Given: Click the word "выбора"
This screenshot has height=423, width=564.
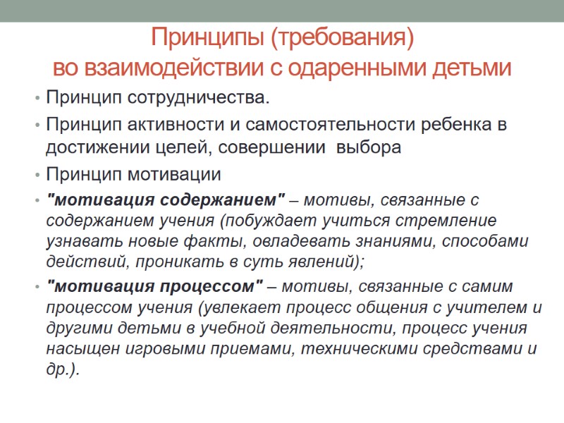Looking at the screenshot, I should click(x=369, y=147).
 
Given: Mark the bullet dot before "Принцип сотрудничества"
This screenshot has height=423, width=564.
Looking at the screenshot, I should click(x=37, y=97).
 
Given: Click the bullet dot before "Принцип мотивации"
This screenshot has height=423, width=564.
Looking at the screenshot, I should click(x=37, y=174).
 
